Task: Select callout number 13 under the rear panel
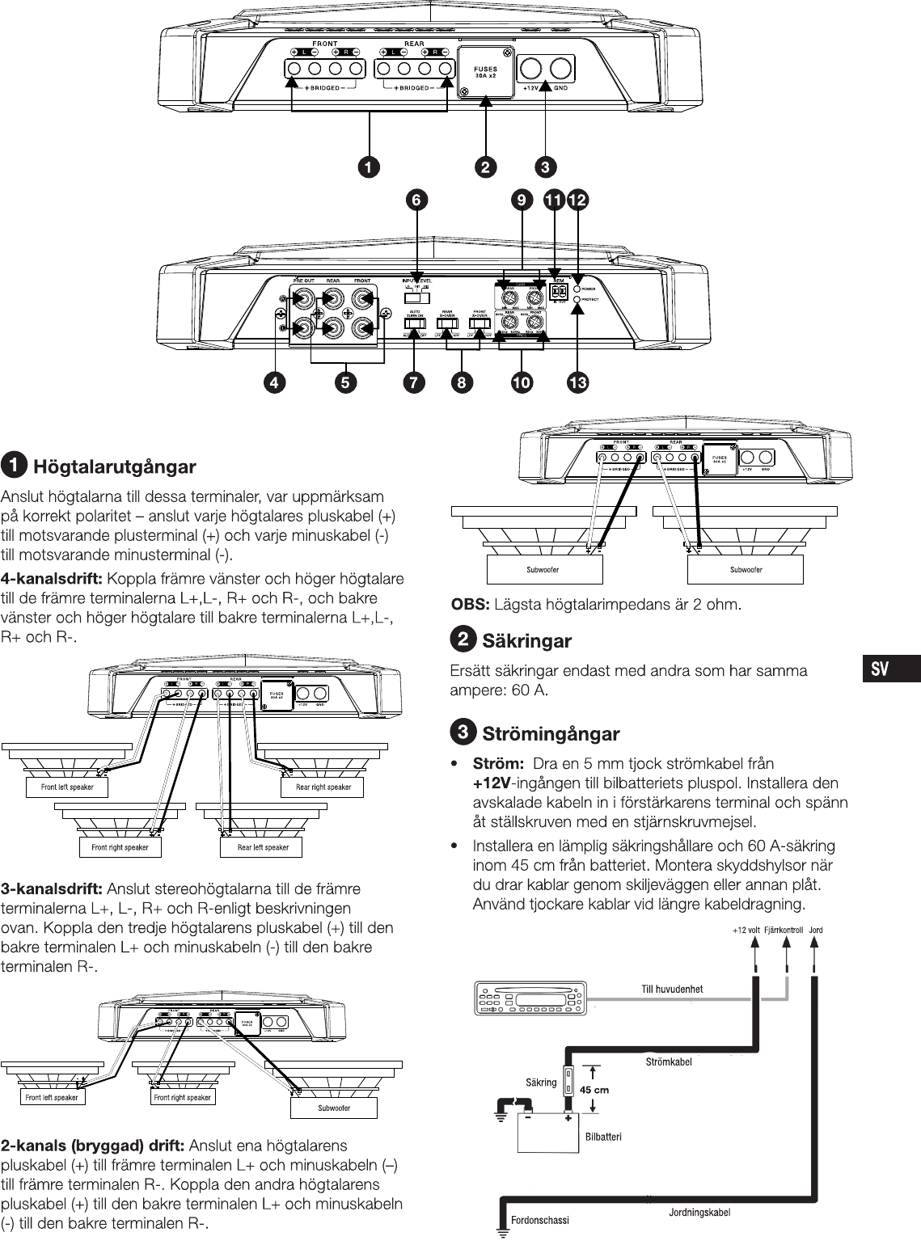(x=577, y=383)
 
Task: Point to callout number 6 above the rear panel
(x=416, y=200)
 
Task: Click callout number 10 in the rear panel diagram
(x=522, y=383)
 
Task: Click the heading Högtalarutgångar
(x=114, y=466)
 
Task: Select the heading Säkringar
(x=526, y=641)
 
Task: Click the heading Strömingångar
(x=551, y=734)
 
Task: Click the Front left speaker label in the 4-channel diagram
(x=67, y=787)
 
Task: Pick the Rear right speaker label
(x=323, y=787)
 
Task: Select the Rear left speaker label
(x=263, y=847)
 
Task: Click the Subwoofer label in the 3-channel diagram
(x=334, y=1108)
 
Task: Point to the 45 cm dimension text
(x=594, y=1090)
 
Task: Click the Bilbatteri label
(x=603, y=1136)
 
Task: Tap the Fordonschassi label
(x=540, y=1220)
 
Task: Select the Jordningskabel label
(x=699, y=1213)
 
